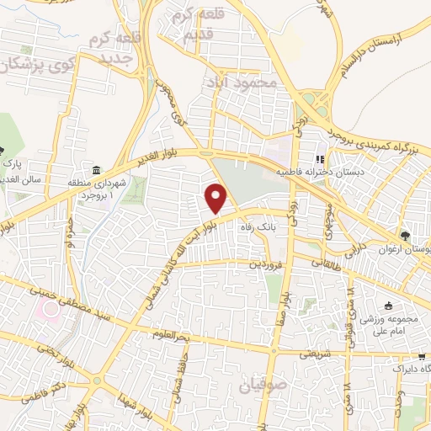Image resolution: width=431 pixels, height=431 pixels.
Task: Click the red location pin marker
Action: point(217,198)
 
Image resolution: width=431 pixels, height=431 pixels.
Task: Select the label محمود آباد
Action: point(240,83)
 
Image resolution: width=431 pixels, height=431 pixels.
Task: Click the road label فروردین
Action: point(265,263)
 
